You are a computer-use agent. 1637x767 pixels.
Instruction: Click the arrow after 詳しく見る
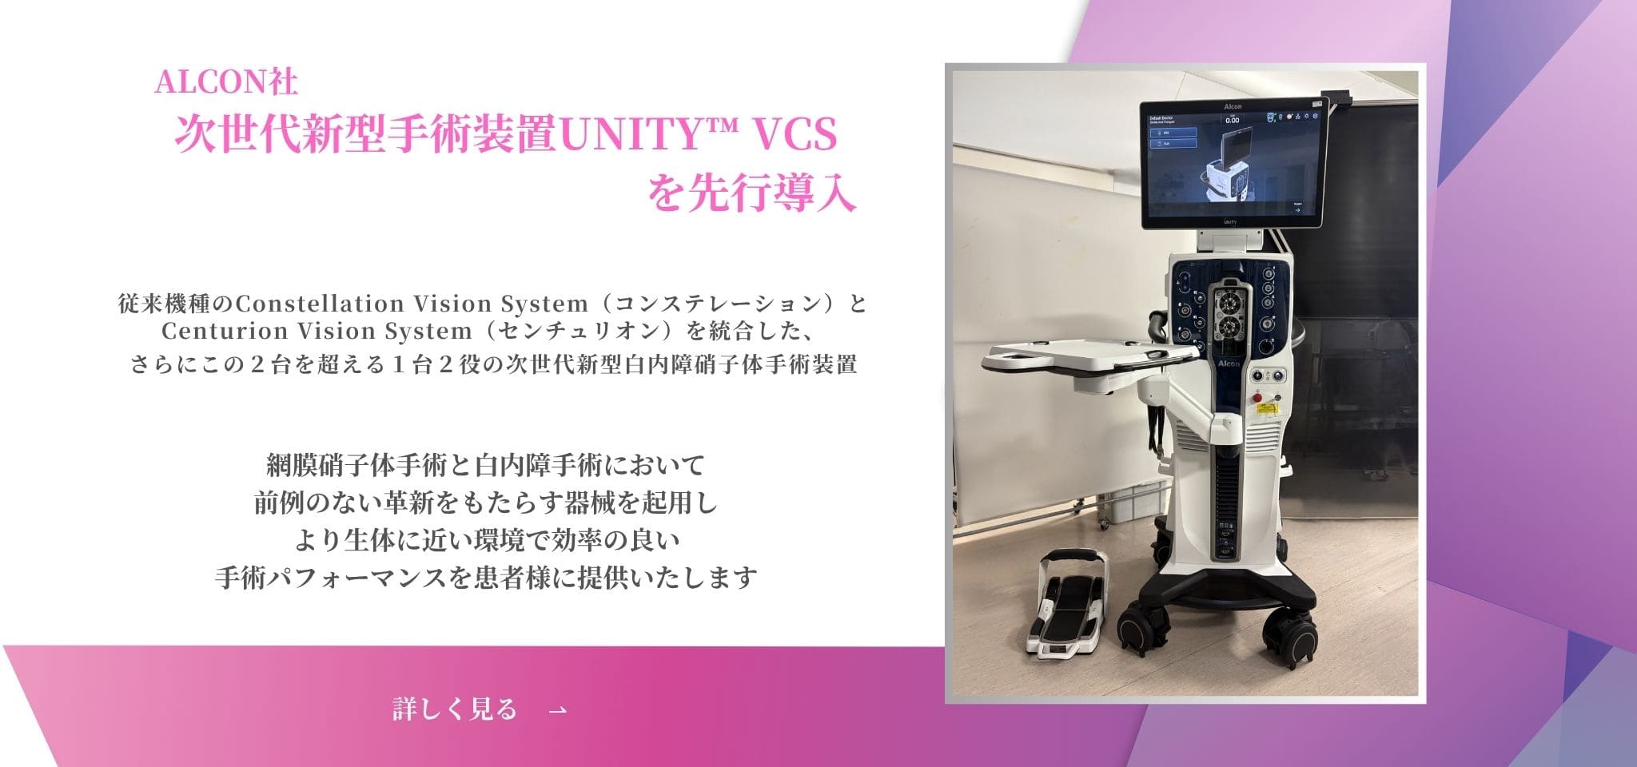[x=559, y=709]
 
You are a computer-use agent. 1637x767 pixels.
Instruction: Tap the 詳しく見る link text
[x=455, y=709]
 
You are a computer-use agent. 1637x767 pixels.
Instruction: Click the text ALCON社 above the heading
[x=227, y=82]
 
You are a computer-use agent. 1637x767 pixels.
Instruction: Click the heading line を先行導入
[x=751, y=194]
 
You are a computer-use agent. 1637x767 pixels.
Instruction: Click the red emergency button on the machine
[x=1258, y=396]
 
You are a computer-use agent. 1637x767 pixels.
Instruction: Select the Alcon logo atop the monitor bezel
[x=1233, y=106]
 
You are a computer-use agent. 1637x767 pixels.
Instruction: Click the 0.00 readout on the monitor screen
[x=1232, y=121]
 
